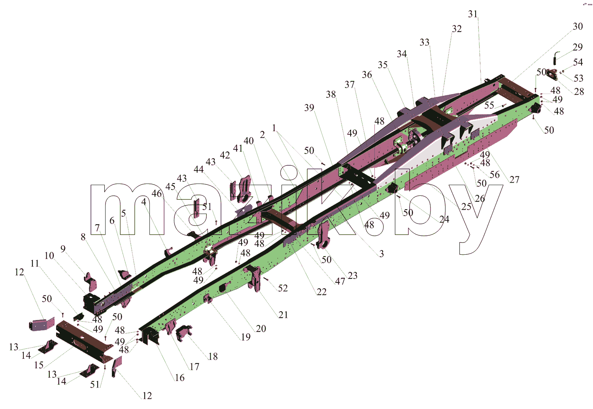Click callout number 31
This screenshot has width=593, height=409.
pos(473,14)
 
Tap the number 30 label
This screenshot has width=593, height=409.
pos(578,26)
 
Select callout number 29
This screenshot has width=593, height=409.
pos(578,47)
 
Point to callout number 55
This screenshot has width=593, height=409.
pos(489,105)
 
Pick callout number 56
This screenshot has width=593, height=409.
pos(495,174)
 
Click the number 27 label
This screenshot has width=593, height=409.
pos(514,180)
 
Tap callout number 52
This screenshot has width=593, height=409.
pos(283,288)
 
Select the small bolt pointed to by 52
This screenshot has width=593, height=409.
pos(266,278)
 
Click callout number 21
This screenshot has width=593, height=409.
pos(283,315)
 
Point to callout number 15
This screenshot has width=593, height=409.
pos(39,365)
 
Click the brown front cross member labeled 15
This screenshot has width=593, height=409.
pos(84,341)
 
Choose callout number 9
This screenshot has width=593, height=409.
pos(63,249)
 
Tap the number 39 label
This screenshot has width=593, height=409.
pos(309,108)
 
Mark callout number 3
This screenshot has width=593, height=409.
pos(381,254)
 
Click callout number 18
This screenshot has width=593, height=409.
pos(213,356)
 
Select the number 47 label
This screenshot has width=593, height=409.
pos(340,281)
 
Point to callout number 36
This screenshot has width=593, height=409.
pos(367,75)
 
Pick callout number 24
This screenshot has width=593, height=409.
pos(444,219)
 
